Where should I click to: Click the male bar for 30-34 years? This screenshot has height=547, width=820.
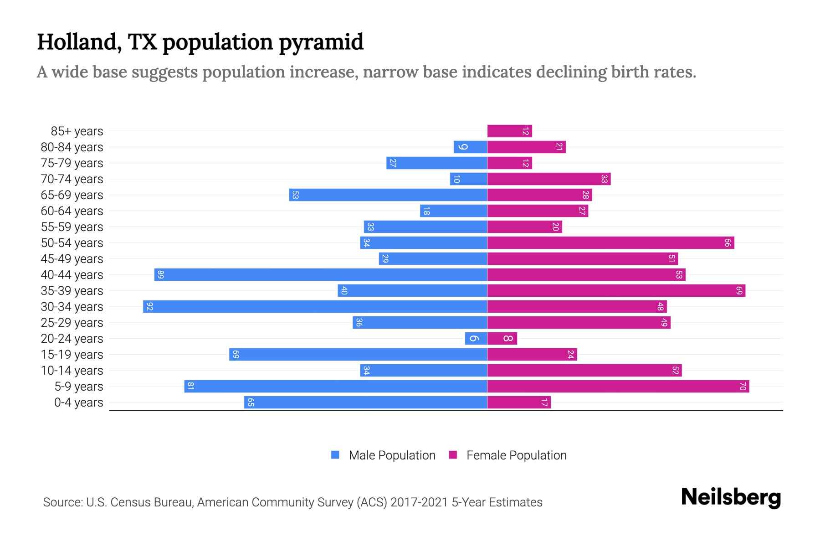(x=315, y=306)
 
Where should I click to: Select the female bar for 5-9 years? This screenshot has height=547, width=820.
(x=618, y=387)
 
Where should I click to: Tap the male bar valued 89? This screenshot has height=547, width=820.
(x=321, y=274)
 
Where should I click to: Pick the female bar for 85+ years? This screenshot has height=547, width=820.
(x=509, y=131)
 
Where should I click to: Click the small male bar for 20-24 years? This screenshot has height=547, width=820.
(x=476, y=339)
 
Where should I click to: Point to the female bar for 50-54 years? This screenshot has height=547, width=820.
(x=610, y=243)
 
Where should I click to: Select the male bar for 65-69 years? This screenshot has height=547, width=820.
(x=388, y=195)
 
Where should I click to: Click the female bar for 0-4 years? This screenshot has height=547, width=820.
(x=519, y=403)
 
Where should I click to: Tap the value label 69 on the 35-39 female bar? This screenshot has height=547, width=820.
(x=739, y=291)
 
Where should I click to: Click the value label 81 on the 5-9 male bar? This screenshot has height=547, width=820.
(x=191, y=387)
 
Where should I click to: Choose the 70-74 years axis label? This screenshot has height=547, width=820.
(x=72, y=179)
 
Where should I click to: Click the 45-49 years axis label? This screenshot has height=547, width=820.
(x=72, y=259)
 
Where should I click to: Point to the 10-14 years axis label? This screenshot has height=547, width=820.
(x=72, y=371)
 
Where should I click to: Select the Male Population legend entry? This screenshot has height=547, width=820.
(x=391, y=455)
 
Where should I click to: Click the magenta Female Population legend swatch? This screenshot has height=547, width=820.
(x=453, y=455)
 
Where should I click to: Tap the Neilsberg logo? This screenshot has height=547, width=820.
(x=731, y=497)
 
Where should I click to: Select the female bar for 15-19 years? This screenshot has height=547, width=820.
(x=532, y=355)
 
